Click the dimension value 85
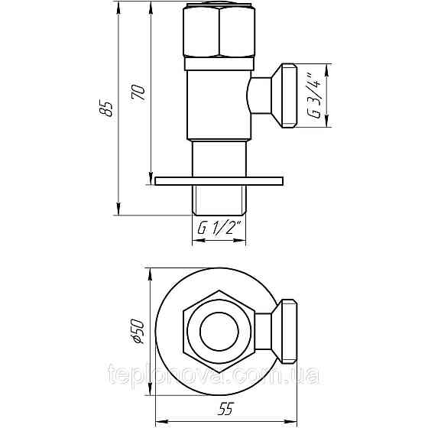coord(109,109)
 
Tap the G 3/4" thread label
coord(313,96)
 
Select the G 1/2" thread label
coord(219,228)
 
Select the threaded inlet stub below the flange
coord(219,200)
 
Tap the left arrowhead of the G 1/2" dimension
coord(193,239)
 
